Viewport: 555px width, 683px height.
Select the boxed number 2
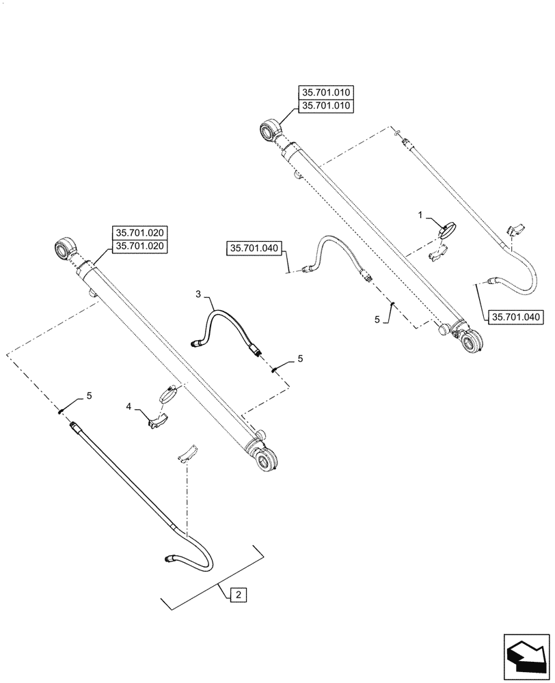pos(237,596)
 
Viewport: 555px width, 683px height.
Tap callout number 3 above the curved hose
pos(198,294)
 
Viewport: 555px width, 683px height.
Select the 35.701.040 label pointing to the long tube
pos(515,316)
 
